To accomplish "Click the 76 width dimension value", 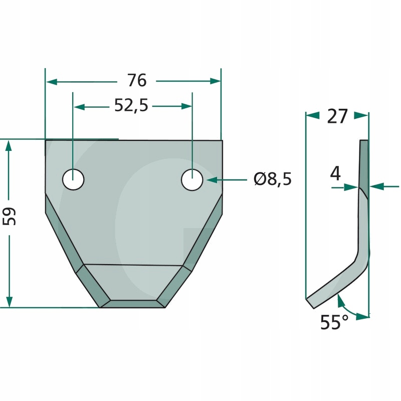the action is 137,80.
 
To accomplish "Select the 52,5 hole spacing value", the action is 131,105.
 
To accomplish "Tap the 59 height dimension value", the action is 9,216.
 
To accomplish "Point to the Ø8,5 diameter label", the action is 273,179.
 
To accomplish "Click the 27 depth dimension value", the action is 337,116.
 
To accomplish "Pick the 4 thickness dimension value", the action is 335,173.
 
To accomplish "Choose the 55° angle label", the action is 334,322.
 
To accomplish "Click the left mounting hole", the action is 73,179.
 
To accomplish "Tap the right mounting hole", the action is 192,179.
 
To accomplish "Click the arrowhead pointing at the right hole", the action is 212,180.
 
